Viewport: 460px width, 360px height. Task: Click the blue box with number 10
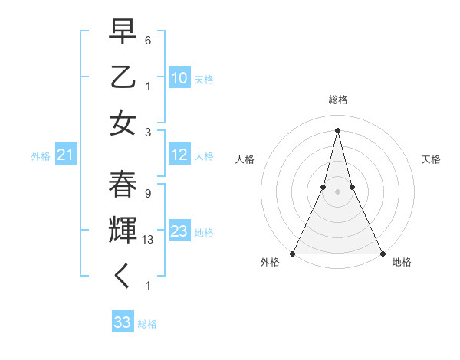(179, 78)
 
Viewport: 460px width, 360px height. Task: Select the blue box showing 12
(179, 155)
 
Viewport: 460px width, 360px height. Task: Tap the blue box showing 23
(179, 231)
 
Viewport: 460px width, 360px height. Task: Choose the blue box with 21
(65, 155)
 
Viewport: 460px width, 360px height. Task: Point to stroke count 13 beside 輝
(149, 239)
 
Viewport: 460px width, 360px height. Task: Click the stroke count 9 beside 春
(147, 194)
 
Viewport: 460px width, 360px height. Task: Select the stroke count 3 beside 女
(147, 132)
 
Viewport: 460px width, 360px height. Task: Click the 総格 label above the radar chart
(337, 100)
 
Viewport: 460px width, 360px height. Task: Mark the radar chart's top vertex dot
(337, 130)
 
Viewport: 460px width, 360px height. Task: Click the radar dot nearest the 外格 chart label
(293, 253)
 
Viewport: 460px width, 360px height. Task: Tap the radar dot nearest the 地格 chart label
(382, 253)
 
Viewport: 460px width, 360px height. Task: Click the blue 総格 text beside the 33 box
(147, 324)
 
